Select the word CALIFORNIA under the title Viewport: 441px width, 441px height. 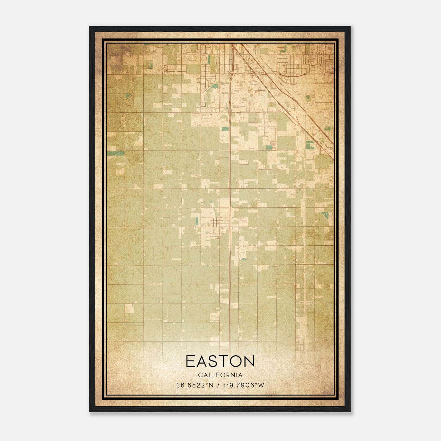[220, 375]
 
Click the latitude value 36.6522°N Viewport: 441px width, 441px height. [195, 385]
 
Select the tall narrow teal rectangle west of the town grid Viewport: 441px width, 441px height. [196, 221]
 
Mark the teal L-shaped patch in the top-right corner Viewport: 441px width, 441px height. [283, 49]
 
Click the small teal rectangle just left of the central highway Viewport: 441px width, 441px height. [225, 129]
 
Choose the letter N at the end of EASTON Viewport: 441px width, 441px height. [249, 361]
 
